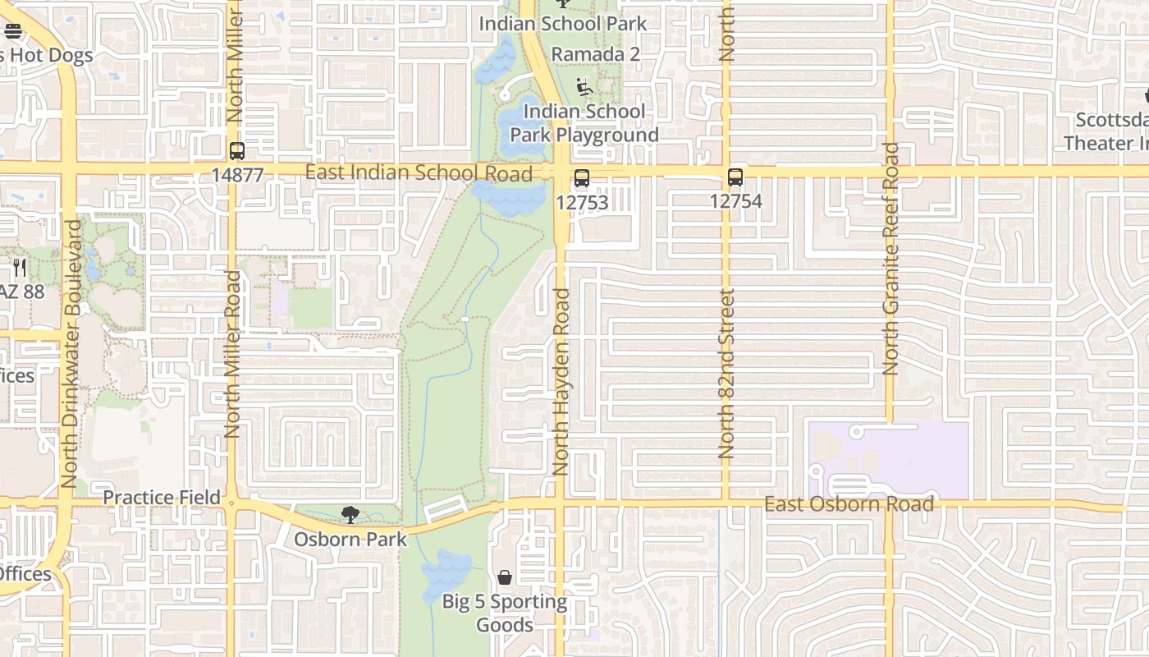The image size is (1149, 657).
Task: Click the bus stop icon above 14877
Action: (x=237, y=151)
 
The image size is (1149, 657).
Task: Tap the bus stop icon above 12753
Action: (x=582, y=177)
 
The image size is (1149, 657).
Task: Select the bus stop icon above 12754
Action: (x=735, y=177)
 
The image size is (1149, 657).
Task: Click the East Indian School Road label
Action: (x=419, y=172)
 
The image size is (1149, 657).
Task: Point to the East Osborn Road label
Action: (x=849, y=503)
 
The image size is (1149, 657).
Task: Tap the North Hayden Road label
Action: (x=561, y=382)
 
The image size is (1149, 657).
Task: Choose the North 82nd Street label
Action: (x=726, y=374)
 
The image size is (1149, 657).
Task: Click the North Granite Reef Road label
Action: (x=890, y=260)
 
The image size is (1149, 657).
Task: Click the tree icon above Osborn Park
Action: (x=350, y=515)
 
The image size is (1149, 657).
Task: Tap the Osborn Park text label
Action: (x=350, y=540)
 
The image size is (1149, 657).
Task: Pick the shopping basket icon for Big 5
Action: (x=505, y=577)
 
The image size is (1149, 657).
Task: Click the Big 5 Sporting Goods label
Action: (x=505, y=613)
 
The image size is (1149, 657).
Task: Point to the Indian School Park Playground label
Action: (x=584, y=123)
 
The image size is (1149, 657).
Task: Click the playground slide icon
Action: (x=584, y=87)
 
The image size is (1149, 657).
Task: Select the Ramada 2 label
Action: (x=595, y=54)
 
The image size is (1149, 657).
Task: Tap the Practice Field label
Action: (x=162, y=498)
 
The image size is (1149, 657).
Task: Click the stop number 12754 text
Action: (x=735, y=201)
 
